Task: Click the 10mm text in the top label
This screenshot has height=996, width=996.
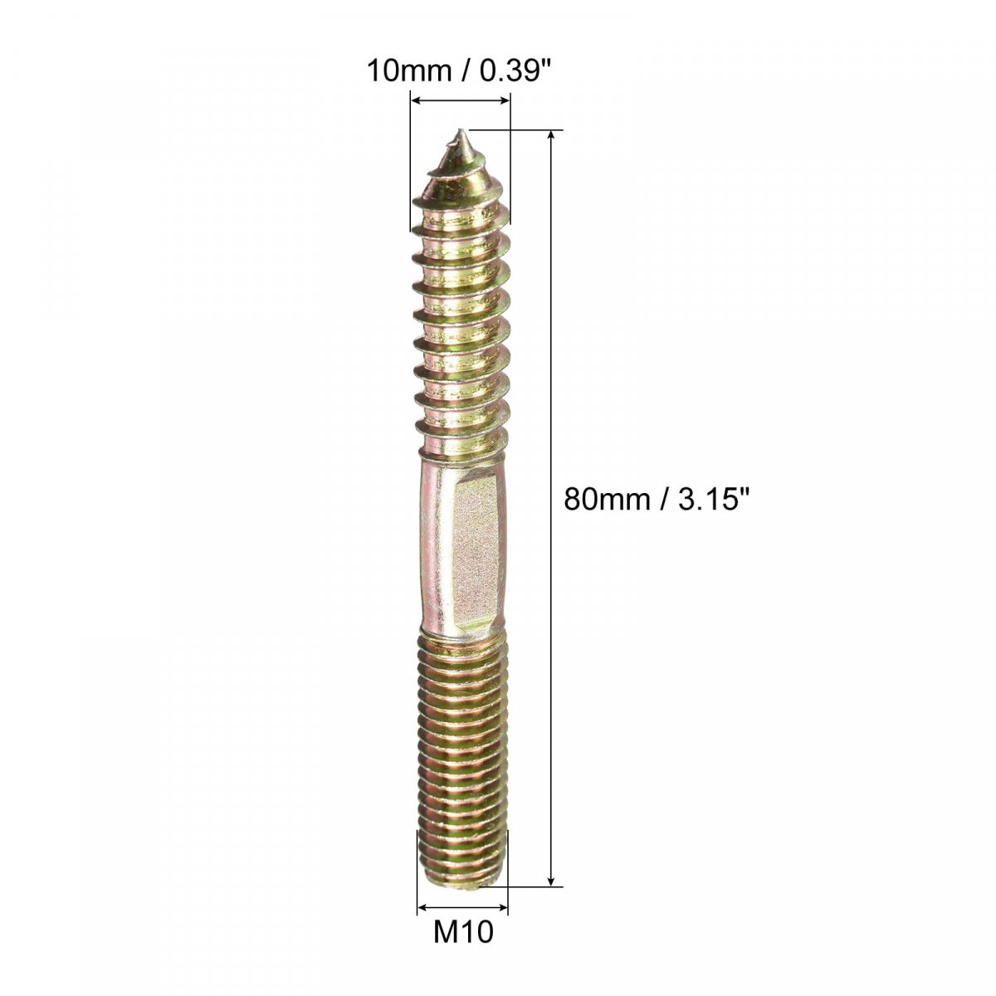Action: tap(409, 71)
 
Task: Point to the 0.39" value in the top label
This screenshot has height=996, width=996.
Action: tap(514, 71)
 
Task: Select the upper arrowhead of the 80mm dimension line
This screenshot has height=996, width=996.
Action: tap(552, 136)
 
